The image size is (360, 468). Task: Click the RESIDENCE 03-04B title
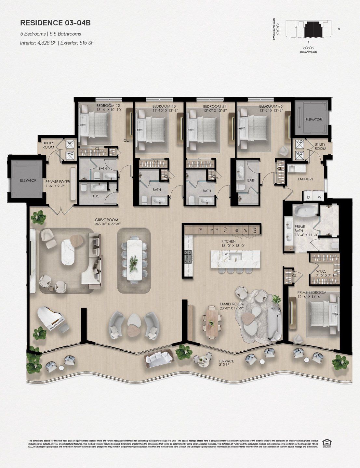[55, 23]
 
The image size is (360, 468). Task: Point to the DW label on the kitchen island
[224, 254]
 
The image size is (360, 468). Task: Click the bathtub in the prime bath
[305, 211]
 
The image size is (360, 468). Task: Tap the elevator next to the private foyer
[28, 180]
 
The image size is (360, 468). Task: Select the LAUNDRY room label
[305, 179]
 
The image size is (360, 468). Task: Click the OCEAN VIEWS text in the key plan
[308, 52]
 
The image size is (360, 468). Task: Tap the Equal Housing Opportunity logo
[325, 442]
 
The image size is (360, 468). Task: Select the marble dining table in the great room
[134, 259]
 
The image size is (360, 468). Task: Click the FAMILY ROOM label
[232, 306]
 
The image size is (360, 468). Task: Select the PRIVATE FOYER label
[58, 184]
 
